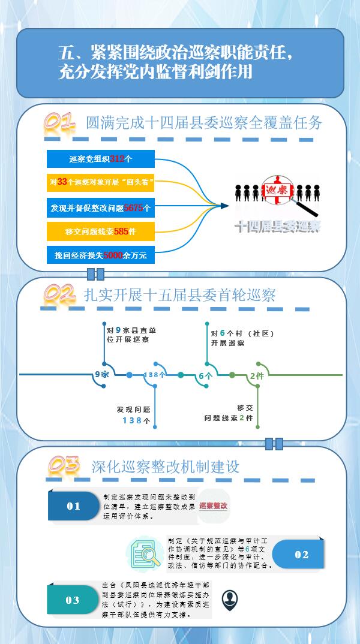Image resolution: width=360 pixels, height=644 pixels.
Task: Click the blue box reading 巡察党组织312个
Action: point(101,159)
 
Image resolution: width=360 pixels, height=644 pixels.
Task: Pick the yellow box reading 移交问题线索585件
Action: point(101,231)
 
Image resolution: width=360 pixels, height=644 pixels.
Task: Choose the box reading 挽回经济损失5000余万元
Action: point(101,255)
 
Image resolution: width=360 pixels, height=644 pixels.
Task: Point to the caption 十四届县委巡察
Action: point(278,226)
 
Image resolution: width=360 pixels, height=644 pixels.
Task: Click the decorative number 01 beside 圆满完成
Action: point(59,123)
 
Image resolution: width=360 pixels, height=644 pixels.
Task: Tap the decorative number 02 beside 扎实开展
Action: point(59,295)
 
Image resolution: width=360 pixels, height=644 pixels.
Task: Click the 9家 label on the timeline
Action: point(102,375)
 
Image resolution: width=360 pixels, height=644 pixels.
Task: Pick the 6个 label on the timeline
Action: point(206,375)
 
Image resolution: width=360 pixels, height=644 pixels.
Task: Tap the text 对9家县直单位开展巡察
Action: point(128,335)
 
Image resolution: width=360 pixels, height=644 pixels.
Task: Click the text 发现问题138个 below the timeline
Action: point(134,415)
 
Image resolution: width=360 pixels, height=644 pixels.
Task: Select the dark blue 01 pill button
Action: point(74,506)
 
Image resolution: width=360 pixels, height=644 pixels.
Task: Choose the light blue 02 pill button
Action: point(301,555)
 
